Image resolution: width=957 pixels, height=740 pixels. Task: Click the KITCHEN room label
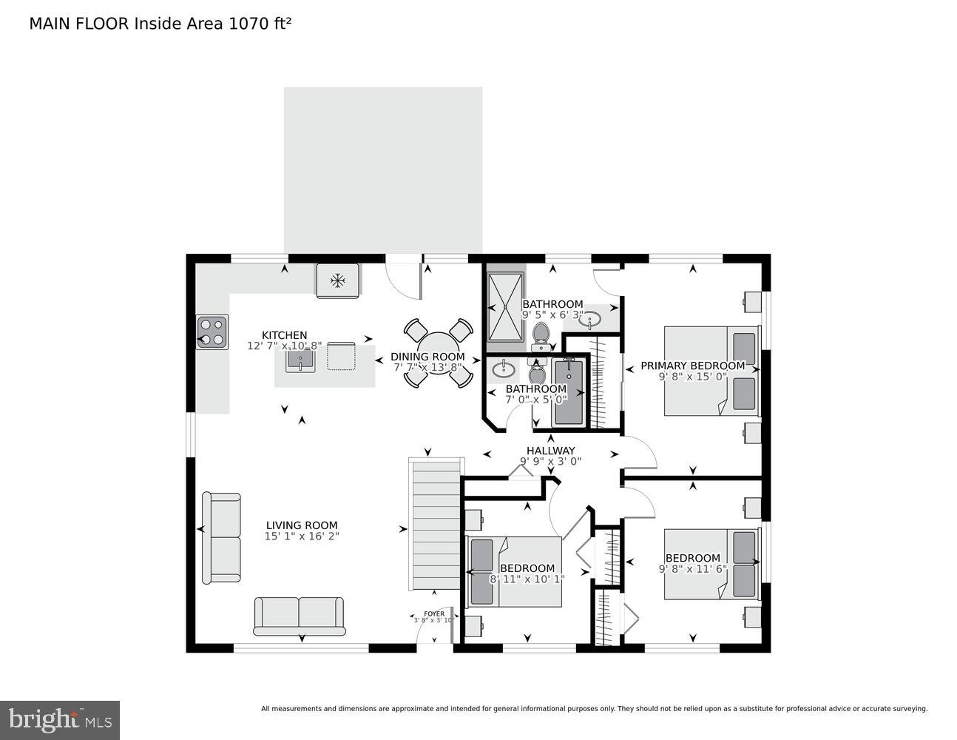(284, 335)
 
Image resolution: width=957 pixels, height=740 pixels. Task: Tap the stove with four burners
(212, 332)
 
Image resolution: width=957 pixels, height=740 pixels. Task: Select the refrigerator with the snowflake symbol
(338, 280)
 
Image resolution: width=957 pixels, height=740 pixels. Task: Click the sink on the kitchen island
(300, 360)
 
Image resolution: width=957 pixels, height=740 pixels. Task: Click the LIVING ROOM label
(302, 525)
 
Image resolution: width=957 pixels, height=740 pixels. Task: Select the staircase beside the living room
(436, 523)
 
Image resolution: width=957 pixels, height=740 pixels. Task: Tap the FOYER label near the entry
(434, 613)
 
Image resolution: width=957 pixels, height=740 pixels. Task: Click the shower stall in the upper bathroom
(505, 305)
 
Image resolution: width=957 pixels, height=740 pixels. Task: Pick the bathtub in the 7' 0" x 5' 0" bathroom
(568, 391)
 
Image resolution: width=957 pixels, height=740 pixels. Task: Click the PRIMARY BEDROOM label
(692, 366)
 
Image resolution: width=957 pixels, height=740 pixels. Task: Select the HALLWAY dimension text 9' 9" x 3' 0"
(550, 461)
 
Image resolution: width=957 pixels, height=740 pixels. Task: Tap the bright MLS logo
(60, 719)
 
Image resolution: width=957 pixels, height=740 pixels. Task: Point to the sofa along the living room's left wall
(221, 537)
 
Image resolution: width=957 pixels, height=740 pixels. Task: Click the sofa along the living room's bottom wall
(300, 616)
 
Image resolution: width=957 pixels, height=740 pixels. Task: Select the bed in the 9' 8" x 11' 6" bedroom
(711, 564)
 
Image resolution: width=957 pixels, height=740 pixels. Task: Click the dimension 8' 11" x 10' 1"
(527, 579)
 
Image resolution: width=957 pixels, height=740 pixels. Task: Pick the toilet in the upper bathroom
(542, 334)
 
